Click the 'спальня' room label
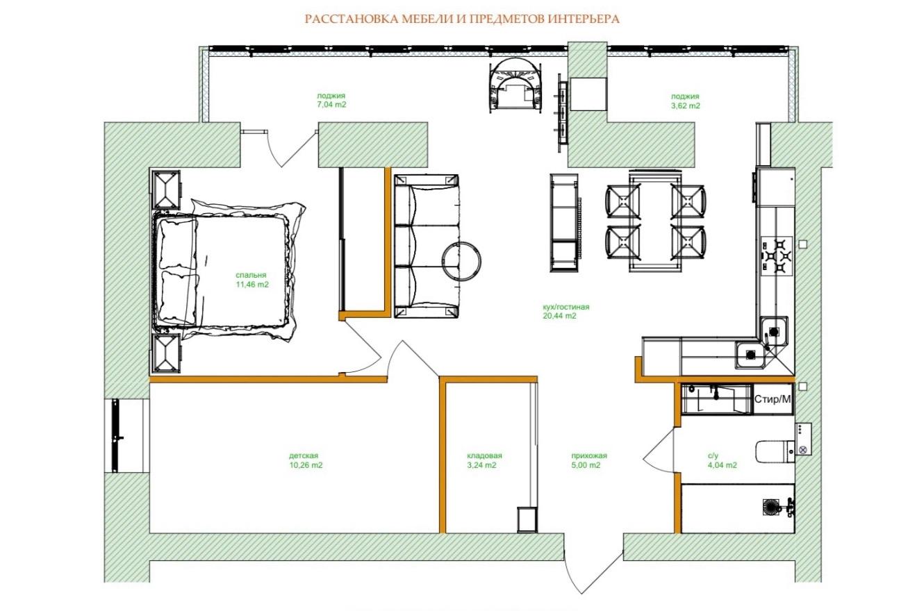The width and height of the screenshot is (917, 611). point(251,275)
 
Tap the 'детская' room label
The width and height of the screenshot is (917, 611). point(304,455)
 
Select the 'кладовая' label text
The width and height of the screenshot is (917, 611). point(484,455)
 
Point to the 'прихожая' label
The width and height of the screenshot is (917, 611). point(589,455)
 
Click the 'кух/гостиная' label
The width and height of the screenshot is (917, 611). point(566,306)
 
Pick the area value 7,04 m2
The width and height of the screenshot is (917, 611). point(331,105)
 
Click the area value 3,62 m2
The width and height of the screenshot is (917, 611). point(685,106)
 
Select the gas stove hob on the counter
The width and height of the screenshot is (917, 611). point(777,256)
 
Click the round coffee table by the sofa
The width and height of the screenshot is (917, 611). point(461,262)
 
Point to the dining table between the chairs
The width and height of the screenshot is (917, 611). point(655,222)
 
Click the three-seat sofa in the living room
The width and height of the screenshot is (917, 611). point(426,246)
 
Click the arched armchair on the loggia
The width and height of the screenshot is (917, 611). point(516,85)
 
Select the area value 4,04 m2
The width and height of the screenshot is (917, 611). point(722,465)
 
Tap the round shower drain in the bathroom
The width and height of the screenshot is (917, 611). point(771,508)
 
